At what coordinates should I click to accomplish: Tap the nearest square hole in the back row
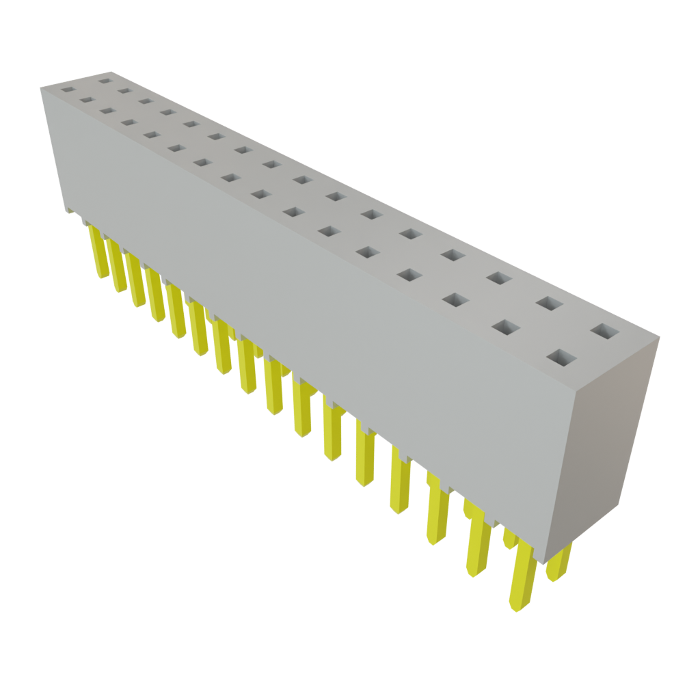click(604, 332)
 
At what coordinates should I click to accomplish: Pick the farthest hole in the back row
click(105, 81)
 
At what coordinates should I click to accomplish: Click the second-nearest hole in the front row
click(507, 328)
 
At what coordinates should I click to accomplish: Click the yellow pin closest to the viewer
click(523, 574)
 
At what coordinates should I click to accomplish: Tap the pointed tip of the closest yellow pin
click(517, 606)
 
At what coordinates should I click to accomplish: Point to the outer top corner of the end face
click(660, 336)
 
